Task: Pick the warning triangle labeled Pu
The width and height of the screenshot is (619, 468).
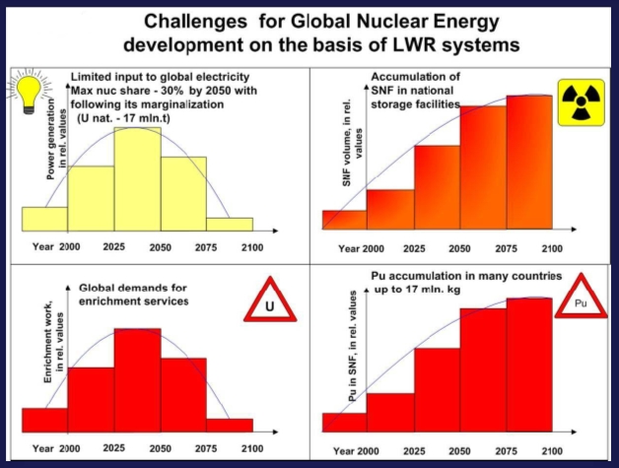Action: (x=580, y=301)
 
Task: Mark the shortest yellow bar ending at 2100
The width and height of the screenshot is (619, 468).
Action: (x=229, y=225)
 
